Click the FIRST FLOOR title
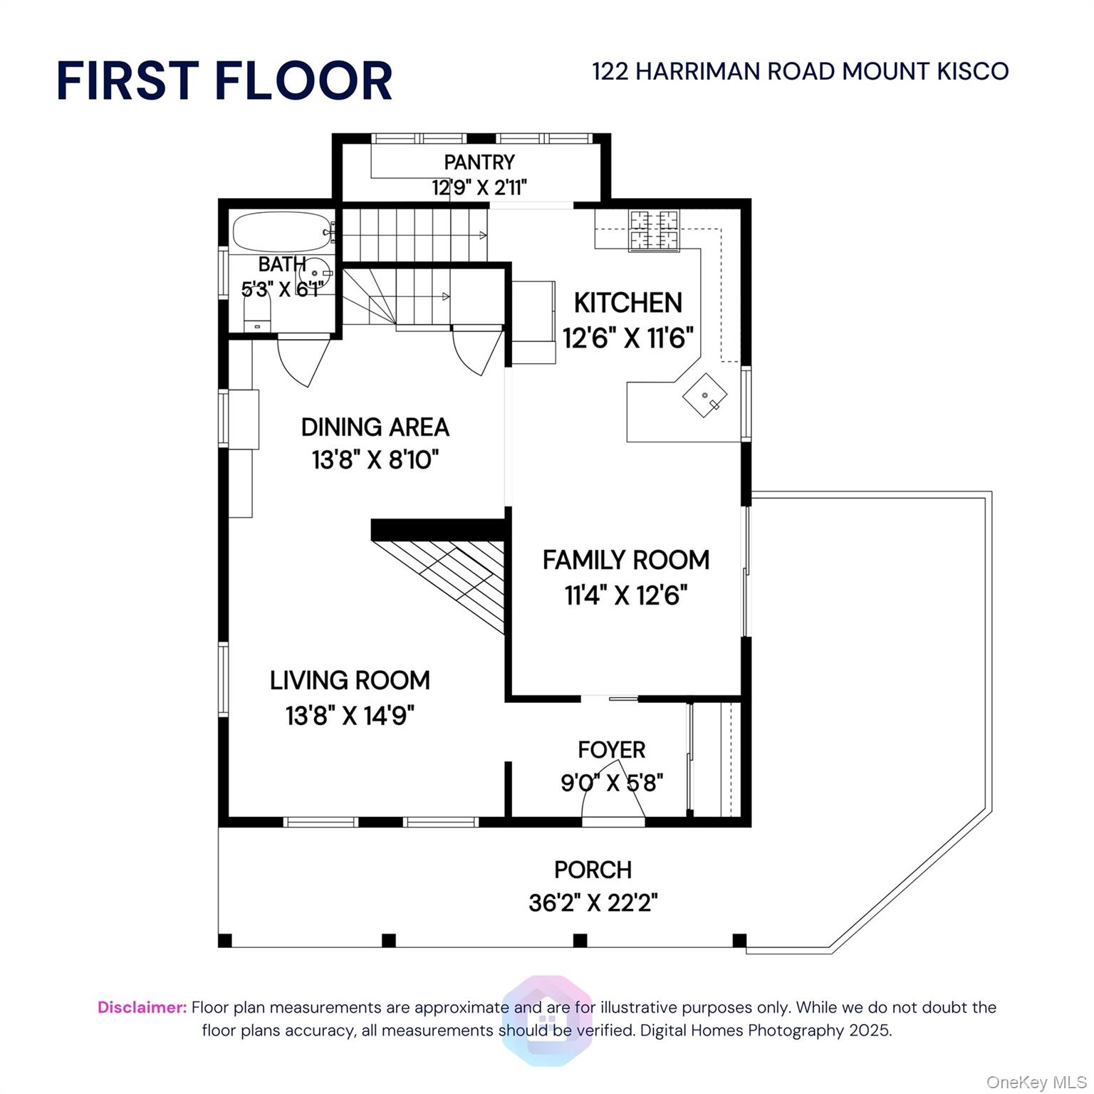pos(224,80)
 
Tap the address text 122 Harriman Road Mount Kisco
pos(800,71)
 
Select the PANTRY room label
pos(479,162)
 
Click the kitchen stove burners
pos(653,230)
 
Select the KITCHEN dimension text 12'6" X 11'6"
pos(627,337)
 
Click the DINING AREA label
pos(375,427)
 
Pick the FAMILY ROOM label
pos(626,560)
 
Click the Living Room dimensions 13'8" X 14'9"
pos(350,714)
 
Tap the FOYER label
pos(611,750)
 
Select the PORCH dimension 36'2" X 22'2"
pos(593,903)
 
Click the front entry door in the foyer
pos(613,794)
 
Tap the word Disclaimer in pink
pos(142,1007)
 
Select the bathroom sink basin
pos(314,273)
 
